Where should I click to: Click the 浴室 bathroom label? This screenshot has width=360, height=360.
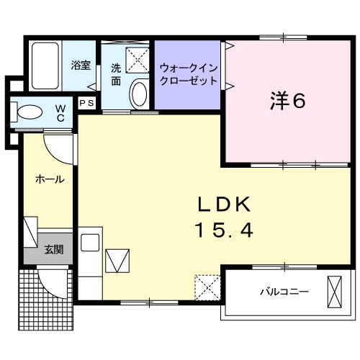pyautogui.click(x=80, y=66)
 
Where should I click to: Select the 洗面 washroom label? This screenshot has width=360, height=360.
pyautogui.click(x=115, y=74)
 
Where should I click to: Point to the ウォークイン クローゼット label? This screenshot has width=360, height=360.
pyautogui.click(x=188, y=74)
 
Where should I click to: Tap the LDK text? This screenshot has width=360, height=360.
pyautogui.click(x=223, y=204)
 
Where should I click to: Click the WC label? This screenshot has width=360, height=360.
pyautogui.click(x=61, y=114)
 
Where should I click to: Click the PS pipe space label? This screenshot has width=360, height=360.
pyautogui.click(x=86, y=103)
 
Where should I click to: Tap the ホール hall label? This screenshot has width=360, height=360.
pyautogui.click(x=49, y=179)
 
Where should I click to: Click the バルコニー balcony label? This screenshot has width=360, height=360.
pyautogui.click(x=284, y=292)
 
